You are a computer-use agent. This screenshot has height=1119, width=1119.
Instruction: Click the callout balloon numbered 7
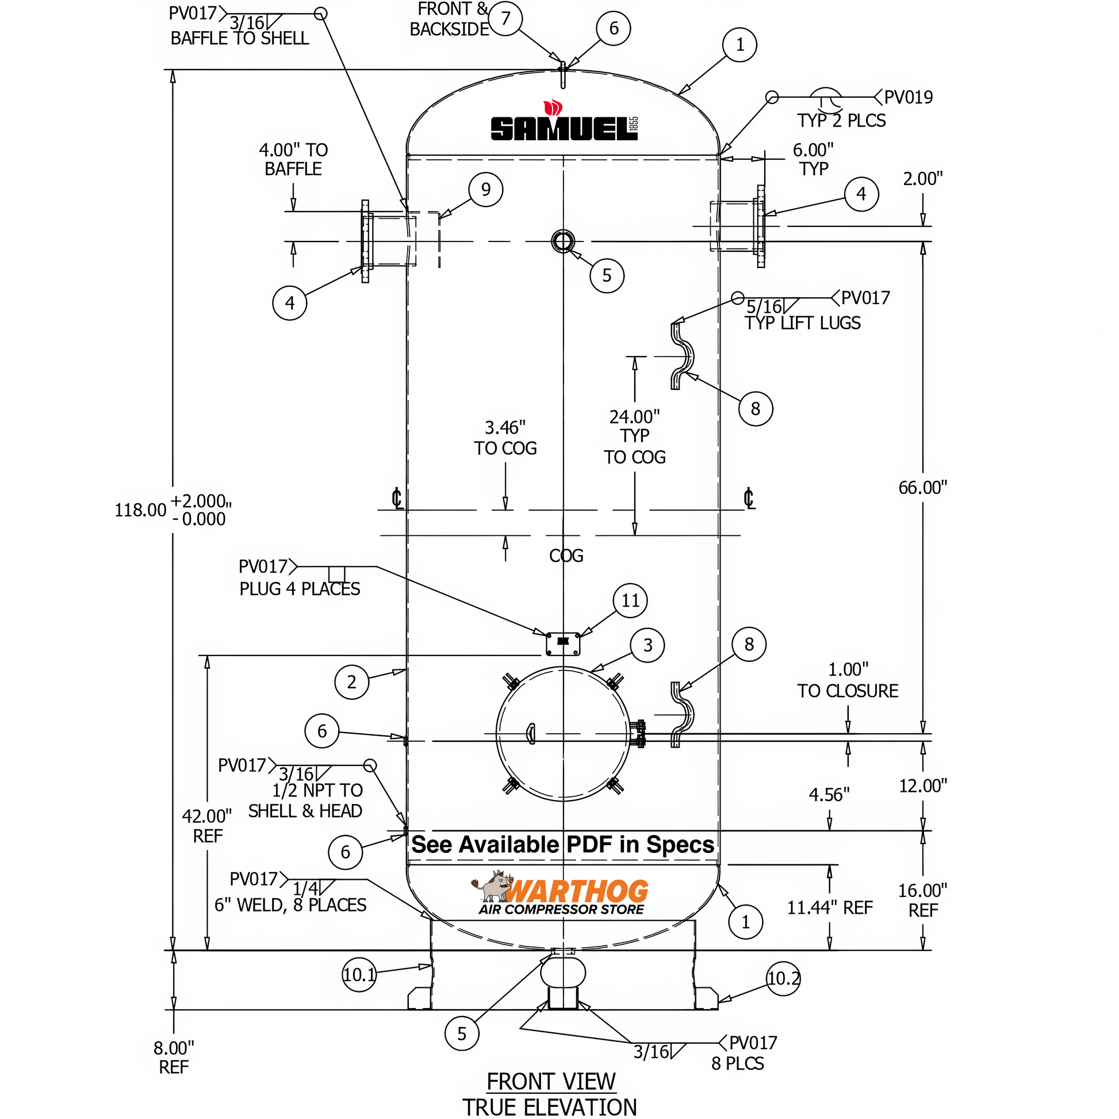click(505, 18)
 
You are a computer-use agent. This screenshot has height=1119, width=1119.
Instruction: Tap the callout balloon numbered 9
click(485, 189)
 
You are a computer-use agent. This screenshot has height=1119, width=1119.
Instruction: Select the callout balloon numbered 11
click(630, 601)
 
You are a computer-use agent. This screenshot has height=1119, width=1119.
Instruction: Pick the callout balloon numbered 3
click(647, 645)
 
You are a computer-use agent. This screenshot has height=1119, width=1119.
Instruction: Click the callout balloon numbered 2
click(351, 683)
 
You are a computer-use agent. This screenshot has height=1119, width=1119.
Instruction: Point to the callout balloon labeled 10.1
click(359, 975)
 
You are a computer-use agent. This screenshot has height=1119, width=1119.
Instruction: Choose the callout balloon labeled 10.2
click(783, 979)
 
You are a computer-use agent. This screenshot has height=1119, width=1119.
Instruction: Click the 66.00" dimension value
click(922, 488)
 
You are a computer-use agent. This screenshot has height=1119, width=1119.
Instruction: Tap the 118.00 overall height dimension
click(141, 510)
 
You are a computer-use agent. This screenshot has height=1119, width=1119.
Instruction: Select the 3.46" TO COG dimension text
click(505, 438)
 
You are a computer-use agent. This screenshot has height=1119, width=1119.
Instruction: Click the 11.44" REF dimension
click(829, 907)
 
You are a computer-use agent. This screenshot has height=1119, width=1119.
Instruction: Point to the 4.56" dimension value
click(829, 795)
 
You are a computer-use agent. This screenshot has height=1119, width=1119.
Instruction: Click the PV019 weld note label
click(907, 97)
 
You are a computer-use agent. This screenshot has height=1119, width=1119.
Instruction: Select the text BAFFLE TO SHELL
click(239, 39)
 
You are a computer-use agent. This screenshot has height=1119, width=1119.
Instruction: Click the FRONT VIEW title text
click(550, 1082)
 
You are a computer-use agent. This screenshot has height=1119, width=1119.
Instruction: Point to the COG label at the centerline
click(566, 556)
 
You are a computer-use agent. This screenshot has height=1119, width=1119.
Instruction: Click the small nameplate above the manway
click(563, 643)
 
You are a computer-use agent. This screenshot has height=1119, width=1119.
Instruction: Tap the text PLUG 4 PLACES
click(300, 589)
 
